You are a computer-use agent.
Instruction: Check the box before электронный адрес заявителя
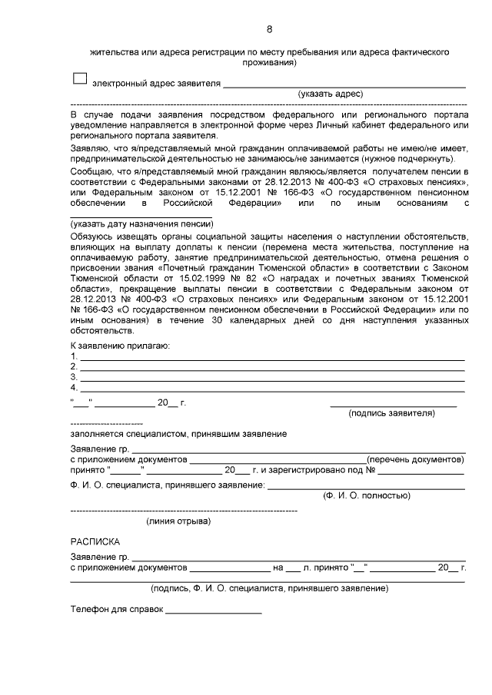coord(78,78)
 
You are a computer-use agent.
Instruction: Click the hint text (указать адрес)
coord(330,94)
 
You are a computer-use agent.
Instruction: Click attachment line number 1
coord(272,358)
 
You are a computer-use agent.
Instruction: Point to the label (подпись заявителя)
coord(391,413)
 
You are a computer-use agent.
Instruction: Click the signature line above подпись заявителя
coord(393,405)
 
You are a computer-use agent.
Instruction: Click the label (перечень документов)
coord(415,459)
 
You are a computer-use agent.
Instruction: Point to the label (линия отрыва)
coord(178,521)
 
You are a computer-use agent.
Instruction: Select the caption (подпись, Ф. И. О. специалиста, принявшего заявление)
coord(268,588)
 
